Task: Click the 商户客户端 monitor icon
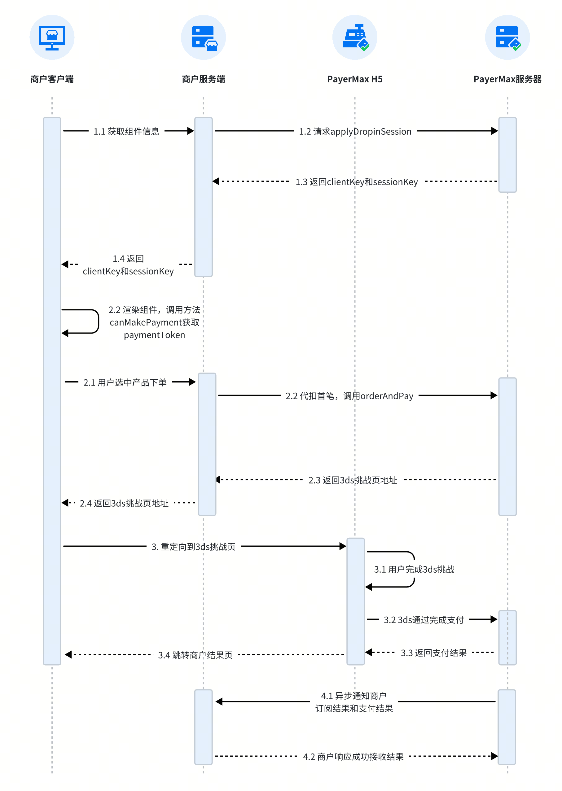click(52, 38)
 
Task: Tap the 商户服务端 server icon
click(204, 38)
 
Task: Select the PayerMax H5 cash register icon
click(356, 37)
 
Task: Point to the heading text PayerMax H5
click(355, 79)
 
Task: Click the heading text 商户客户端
click(52, 79)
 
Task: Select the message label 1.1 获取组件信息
click(126, 131)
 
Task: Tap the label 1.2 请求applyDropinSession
click(355, 132)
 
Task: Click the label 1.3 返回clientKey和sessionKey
click(357, 182)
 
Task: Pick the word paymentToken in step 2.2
click(154, 335)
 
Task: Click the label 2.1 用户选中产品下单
click(125, 382)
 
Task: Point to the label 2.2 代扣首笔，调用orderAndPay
click(349, 396)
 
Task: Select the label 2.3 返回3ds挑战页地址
click(353, 480)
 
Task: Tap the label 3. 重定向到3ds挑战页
click(193, 547)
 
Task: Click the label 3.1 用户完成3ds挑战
click(414, 569)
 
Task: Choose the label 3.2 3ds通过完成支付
click(424, 620)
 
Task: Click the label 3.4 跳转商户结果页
click(195, 655)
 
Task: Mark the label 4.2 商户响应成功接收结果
click(353, 757)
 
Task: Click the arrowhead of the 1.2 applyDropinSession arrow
click(494, 131)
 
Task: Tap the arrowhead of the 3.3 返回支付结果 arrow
click(369, 652)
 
